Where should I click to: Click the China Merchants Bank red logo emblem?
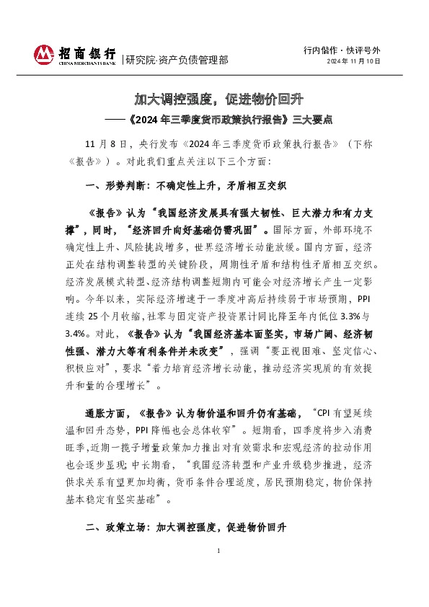pyautogui.click(x=44, y=54)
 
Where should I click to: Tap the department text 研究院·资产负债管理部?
pyautogui.click(x=177, y=60)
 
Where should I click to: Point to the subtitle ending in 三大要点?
pyautogui.click(x=216, y=119)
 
